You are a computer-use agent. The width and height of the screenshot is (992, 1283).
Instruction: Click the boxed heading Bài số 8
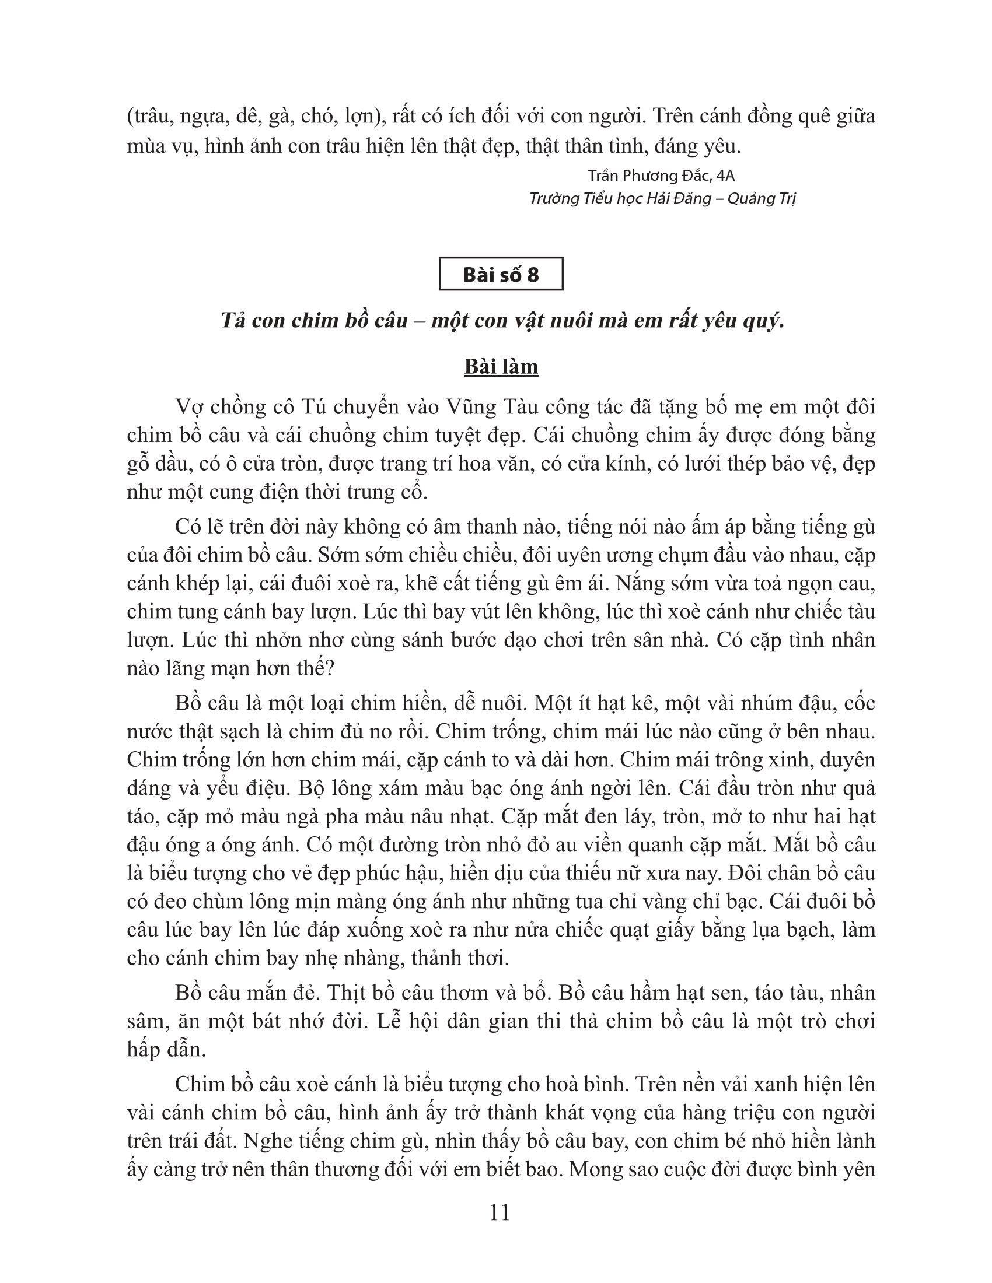pyautogui.click(x=501, y=274)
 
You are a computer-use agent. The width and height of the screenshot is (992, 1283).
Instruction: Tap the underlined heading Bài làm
pyautogui.click(x=501, y=367)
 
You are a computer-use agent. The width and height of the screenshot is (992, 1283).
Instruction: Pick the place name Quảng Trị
pyautogui.click(x=762, y=198)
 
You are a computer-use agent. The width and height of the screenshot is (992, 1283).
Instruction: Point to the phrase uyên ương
pyautogui.click(x=605, y=555)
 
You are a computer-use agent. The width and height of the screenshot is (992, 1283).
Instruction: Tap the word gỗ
pyautogui.click(x=141, y=464)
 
